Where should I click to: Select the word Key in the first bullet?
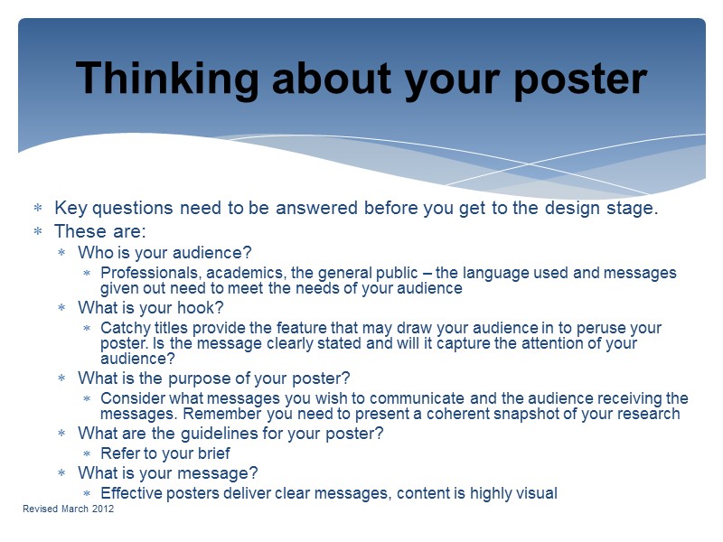pyautogui.click(x=70, y=209)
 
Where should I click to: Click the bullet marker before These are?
pyautogui.click(x=38, y=231)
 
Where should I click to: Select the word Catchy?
pyautogui.click(x=124, y=328)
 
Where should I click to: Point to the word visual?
pyautogui.click(x=536, y=492)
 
